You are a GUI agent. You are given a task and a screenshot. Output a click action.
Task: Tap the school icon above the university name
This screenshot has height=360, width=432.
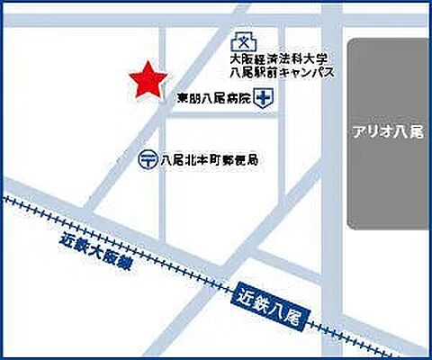point(240,41)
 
